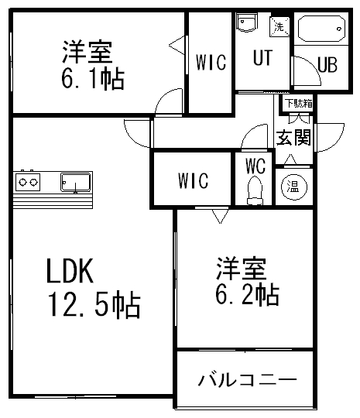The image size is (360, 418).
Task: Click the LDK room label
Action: (70, 271)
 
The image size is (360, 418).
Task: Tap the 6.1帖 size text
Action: (93, 79)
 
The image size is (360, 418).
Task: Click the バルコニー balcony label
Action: (247, 380)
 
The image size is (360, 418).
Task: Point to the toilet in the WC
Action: (255, 191)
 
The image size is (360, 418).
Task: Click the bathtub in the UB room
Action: (321, 29)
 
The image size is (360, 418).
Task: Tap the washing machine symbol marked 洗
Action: (279, 26)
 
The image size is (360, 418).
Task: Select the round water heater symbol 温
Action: (294, 187)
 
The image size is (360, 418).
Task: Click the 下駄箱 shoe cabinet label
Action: (299, 103)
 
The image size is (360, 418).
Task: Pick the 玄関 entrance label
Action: (293, 138)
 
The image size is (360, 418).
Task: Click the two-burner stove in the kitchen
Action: (28, 182)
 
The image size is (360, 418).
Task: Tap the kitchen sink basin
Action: (75, 182)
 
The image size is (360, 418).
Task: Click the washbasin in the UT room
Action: (247, 22)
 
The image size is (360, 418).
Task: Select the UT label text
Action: (262, 57)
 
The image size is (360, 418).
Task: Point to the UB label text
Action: (327, 64)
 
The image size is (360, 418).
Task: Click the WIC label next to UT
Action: (211, 63)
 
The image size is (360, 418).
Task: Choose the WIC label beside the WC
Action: (193, 180)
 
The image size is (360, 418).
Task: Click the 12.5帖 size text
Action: (94, 306)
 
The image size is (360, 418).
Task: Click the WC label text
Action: (255, 166)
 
